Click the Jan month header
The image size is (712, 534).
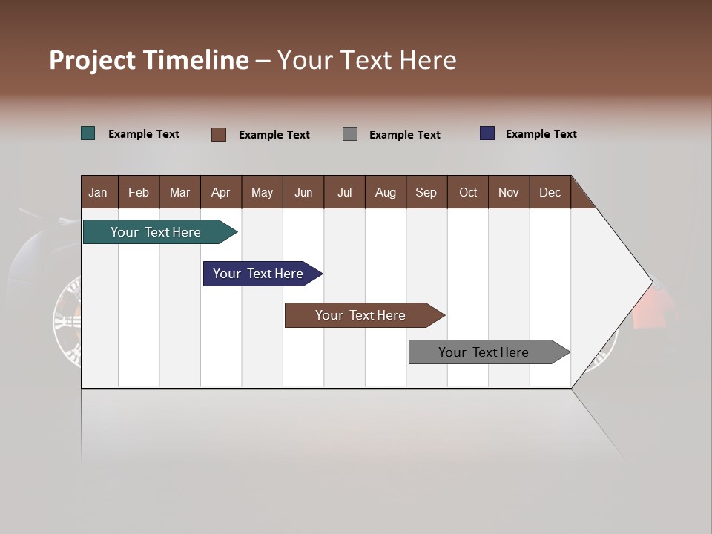(x=98, y=192)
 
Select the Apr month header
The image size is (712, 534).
(x=220, y=192)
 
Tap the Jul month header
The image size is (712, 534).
(x=344, y=192)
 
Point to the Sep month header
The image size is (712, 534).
(x=426, y=192)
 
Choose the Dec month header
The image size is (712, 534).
(x=550, y=192)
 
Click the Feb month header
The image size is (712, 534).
(x=139, y=192)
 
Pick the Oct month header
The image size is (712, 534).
(x=468, y=192)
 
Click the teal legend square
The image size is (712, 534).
(x=88, y=133)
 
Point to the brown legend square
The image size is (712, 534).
(x=219, y=134)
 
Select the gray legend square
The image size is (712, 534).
(x=350, y=134)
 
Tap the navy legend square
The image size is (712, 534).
(x=487, y=133)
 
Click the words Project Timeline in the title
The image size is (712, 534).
(x=149, y=60)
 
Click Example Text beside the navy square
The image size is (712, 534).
(x=541, y=134)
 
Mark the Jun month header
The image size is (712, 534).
(x=303, y=192)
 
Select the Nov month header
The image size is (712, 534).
(x=509, y=192)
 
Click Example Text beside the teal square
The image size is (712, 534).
(x=144, y=134)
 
